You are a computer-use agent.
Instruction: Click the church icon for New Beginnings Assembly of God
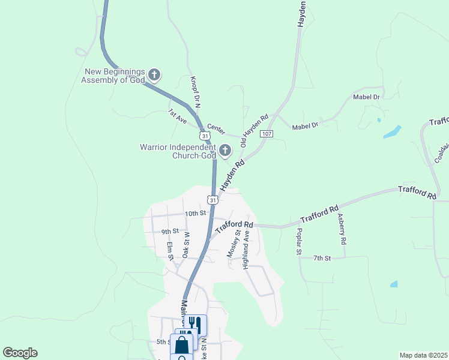[154, 75]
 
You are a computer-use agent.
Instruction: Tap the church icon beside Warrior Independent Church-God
[225, 151]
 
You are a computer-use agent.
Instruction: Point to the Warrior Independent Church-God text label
[178, 151]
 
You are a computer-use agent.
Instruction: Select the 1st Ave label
[178, 115]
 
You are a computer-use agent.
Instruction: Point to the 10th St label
[195, 213]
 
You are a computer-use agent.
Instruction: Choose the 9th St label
[170, 231]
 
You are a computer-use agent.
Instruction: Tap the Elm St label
[170, 251]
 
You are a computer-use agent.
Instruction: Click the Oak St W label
[185, 245]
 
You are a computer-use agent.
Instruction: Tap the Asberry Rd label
[342, 229]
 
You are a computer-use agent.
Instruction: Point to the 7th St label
[322, 258]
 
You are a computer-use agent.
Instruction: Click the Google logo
[20, 353]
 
